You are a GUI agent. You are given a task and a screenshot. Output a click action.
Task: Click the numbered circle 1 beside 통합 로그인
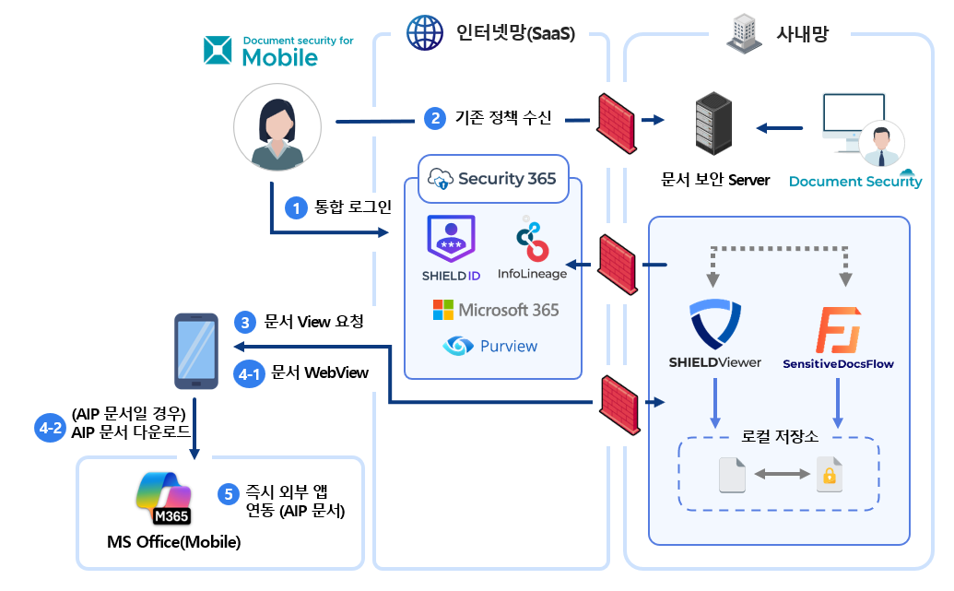coord(296,208)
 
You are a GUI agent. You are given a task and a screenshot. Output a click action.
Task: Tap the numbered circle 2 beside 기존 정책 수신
coord(434,118)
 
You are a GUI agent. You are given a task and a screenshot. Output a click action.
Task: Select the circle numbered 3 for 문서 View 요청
coord(245,322)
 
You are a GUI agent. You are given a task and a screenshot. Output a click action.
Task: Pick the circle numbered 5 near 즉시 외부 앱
coord(229,493)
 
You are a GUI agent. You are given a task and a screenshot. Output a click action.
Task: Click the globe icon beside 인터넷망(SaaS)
coord(425,33)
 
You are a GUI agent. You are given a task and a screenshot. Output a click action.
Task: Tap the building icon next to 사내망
coord(743,33)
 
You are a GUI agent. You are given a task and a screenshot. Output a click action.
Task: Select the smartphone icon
coord(196,350)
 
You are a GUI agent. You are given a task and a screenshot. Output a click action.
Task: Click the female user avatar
coord(277,130)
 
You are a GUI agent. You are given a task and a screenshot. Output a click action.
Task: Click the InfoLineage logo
coord(531,240)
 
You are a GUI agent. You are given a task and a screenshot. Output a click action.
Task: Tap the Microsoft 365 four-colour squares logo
coord(444,310)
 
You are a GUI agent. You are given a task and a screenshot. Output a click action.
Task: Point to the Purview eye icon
coord(458,347)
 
